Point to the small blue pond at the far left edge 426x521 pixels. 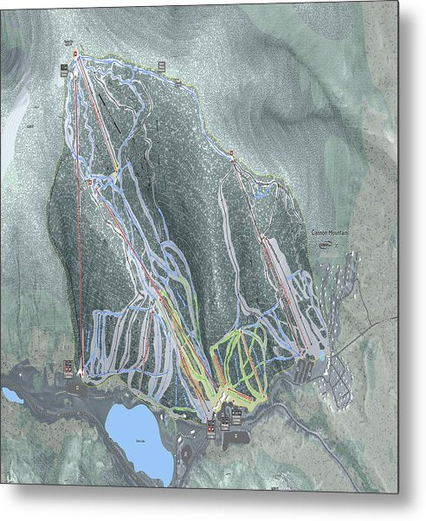click(12, 396)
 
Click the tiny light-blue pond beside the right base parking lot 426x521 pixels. click(321, 355)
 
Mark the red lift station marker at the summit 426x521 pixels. click(74, 55)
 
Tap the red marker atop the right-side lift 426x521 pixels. click(232, 155)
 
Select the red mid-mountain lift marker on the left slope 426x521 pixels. click(89, 183)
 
